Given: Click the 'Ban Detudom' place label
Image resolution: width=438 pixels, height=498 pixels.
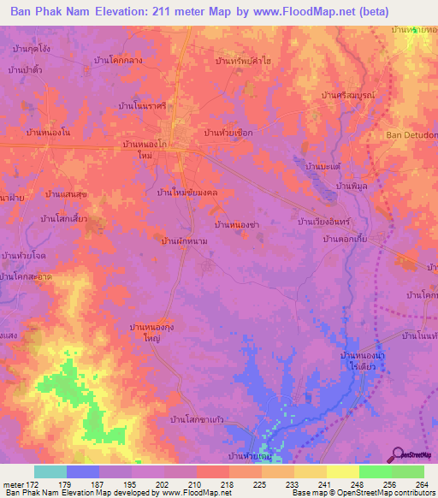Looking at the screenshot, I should [411, 135].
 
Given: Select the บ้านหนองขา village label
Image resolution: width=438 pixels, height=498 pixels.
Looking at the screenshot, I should [238, 224].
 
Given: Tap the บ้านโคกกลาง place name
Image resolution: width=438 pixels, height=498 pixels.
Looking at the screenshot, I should [144, 62].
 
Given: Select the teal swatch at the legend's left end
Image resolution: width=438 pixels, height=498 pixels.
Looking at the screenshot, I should [50, 471].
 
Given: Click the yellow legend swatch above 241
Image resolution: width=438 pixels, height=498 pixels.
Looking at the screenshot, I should [311, 471].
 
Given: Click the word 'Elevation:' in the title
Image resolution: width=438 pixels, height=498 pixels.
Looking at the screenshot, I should [139, 12].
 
